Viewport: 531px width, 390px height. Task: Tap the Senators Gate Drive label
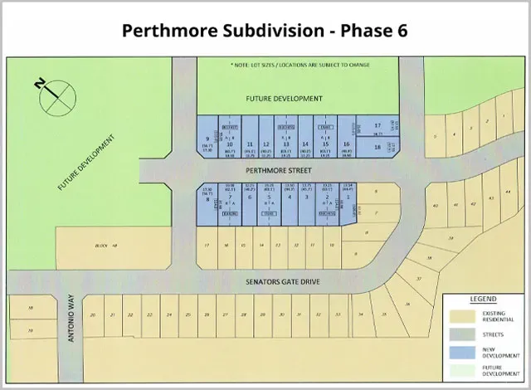[x=284, y=281]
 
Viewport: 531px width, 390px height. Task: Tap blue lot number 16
[x=347, y=143]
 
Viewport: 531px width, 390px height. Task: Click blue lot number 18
[x=378, y=147]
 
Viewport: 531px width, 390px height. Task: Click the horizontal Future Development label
[x=284, y=98]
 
